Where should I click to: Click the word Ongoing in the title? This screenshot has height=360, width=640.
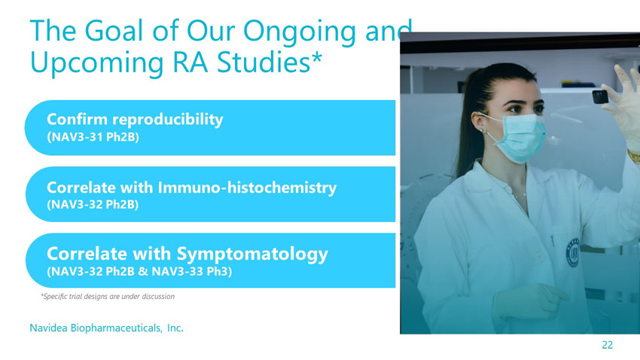300,32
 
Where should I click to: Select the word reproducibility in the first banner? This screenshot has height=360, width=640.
168,120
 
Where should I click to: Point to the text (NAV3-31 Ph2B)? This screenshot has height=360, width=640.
93,137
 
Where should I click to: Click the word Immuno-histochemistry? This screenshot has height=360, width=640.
247,188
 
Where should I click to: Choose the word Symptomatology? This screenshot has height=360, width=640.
252,255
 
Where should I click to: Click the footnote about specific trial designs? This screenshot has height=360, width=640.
108,296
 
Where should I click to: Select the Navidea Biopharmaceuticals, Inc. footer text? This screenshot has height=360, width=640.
106,328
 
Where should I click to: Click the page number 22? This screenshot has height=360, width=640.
608,345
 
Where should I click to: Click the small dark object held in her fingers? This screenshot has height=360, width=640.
600,96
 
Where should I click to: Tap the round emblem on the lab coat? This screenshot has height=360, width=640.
572,252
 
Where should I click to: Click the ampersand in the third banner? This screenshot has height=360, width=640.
143,271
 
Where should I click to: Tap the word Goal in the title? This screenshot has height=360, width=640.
115,31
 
